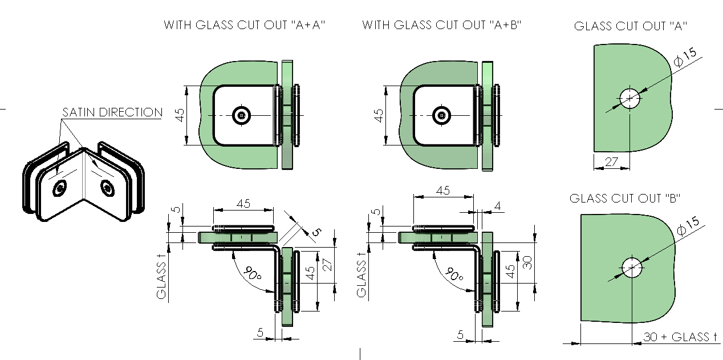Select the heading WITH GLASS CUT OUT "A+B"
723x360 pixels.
coord(442,25)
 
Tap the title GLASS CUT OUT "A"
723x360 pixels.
coord(630,26)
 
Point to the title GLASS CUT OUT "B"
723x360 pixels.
coord(625,198)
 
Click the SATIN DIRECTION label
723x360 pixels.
coord(112,112)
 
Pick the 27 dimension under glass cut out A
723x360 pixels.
coord(611,162)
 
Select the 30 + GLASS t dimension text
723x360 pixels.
coord(679,337)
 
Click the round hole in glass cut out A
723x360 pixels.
coord(629,98)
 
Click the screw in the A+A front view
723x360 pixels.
coord(242,115)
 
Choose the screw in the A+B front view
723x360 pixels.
coord(441,115)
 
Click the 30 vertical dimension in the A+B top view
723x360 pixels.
coord(527,262)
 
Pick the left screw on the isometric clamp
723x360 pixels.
coord(60,188)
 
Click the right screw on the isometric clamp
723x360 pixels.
coord(107,187)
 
